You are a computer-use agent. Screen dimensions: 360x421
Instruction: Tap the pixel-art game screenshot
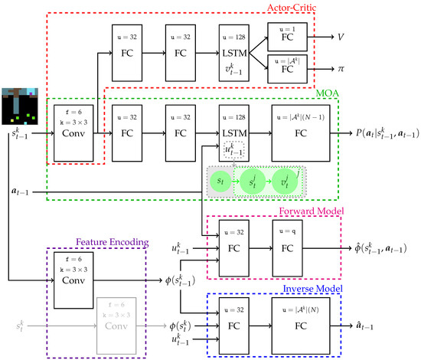point(21,104)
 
